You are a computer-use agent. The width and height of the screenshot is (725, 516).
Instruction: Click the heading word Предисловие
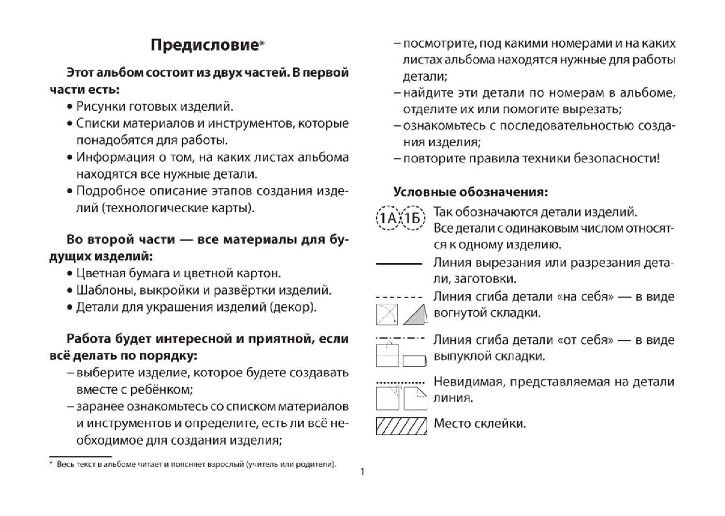click(x=204, y=45)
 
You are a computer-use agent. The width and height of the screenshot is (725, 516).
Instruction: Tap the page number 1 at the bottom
click(x=362, y=472)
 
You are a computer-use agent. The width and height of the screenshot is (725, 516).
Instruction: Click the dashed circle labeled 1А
click(x=388, y=219)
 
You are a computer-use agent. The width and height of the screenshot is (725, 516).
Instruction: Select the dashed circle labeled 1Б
click(x=412, y=219)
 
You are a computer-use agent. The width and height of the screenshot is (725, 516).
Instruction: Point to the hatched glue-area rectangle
click(x=401, y=426)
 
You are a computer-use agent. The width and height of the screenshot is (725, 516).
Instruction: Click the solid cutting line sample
click(x=399, y=264)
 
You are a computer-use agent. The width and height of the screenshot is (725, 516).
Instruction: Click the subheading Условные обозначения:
click(x=470, y=192)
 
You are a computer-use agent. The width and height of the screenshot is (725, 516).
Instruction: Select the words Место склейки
click(x=479, y=424)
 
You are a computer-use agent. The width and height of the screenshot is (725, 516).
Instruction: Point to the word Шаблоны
click(x=101, y=290)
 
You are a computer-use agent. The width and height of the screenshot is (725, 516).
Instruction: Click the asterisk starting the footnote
click(x=51, y=464)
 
